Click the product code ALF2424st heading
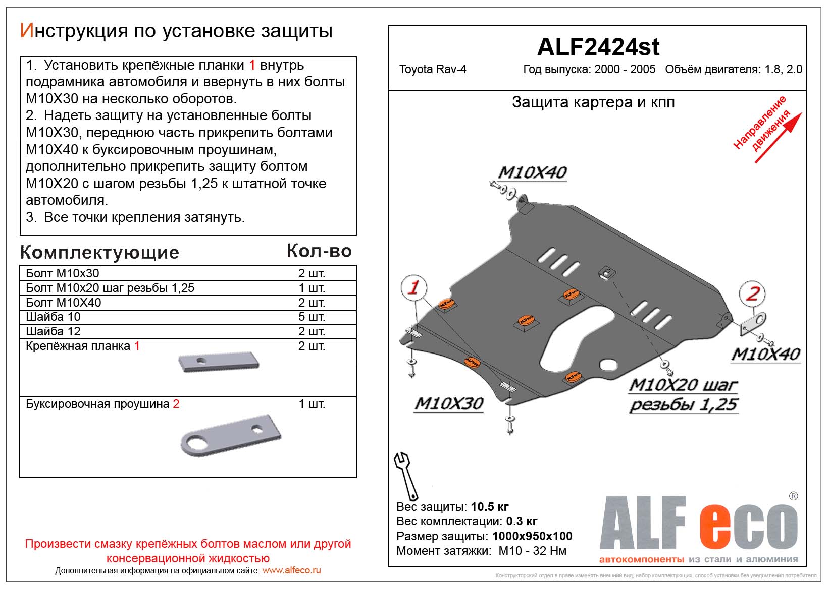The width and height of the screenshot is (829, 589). point(598,47)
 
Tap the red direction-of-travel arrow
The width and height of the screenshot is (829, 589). point(778,139)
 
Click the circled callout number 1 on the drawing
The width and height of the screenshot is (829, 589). point(414,287)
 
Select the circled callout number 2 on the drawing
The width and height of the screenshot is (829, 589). point(752,293)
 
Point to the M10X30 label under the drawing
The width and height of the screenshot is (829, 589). point(449,403)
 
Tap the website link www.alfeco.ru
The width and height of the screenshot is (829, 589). point(291,571)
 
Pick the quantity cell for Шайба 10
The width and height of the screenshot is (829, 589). point(312,317)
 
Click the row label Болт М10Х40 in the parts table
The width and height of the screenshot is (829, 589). point(64,303)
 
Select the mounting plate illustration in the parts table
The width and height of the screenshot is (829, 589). point(219,362)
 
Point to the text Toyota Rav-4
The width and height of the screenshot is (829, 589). point(433,70)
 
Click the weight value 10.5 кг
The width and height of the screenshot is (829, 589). point(489,507)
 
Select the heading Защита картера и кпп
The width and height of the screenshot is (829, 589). point(593,102)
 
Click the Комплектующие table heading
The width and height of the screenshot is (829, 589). point(99,252)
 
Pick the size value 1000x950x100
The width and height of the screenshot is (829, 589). point(532,536)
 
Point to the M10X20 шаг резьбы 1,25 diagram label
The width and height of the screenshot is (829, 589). point(684,395)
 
